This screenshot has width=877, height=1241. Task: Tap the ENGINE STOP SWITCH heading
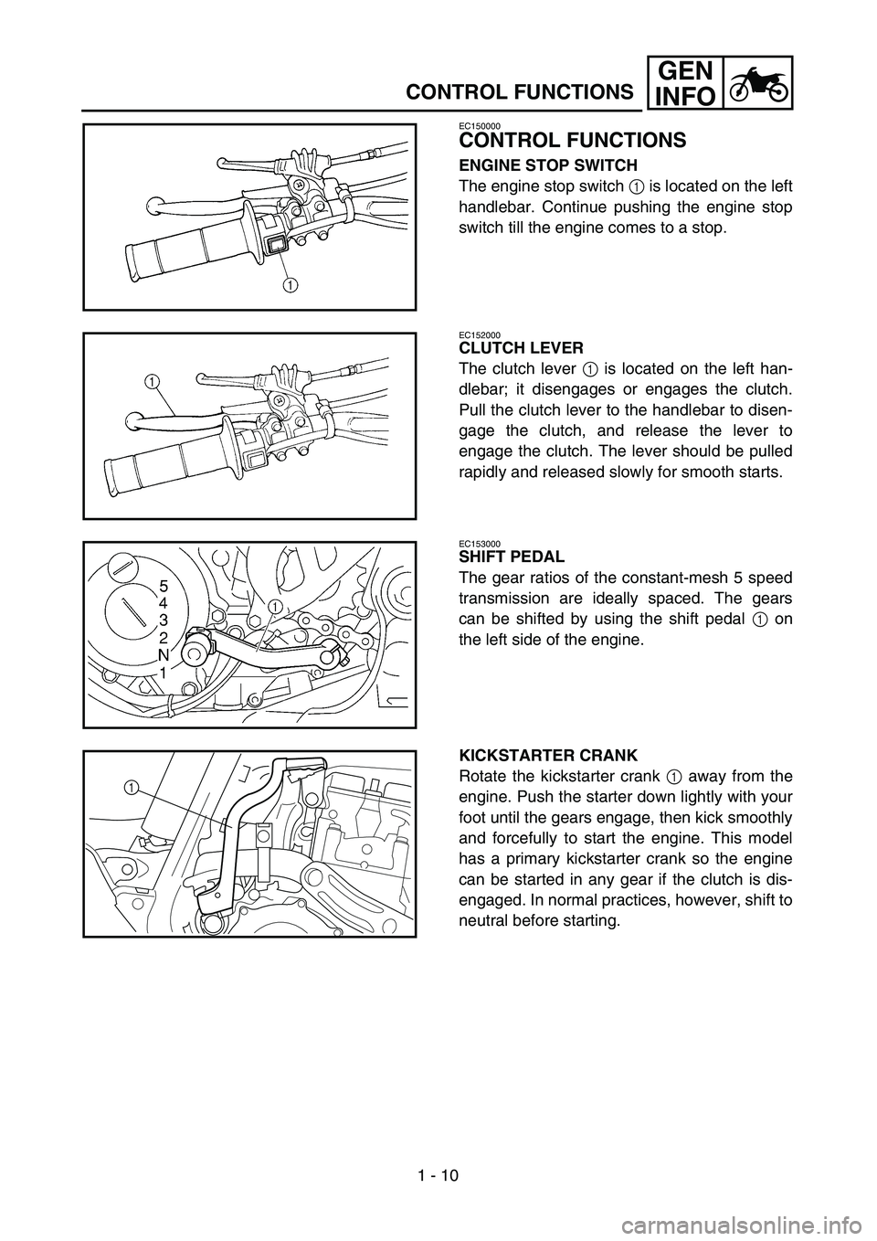click(x=548, y=165)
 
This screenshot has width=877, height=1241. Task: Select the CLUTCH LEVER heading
click(x=521, y=348)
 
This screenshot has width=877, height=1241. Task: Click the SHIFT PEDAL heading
click(x=512, y=557)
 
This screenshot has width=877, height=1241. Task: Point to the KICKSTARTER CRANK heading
click(x=548, y=755)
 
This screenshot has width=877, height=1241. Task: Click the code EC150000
click(x=480, y=126)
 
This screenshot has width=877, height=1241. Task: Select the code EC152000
click(x=480, y=334)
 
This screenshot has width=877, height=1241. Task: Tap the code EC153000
click(x=480, y=543)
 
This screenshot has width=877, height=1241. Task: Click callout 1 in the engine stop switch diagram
click(x=291, y=285)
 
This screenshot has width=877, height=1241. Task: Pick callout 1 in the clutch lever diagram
click(x=151, y=381)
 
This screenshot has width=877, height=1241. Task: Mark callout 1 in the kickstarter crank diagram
click(x=131, y=786)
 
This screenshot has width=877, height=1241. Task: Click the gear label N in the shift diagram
click(x=164, y=654)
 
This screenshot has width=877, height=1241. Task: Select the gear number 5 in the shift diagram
click(x=164, y=585)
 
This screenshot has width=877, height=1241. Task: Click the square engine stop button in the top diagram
click(x=275, y=243)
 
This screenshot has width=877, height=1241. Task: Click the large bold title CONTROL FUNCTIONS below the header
click(x=573, y=141)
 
